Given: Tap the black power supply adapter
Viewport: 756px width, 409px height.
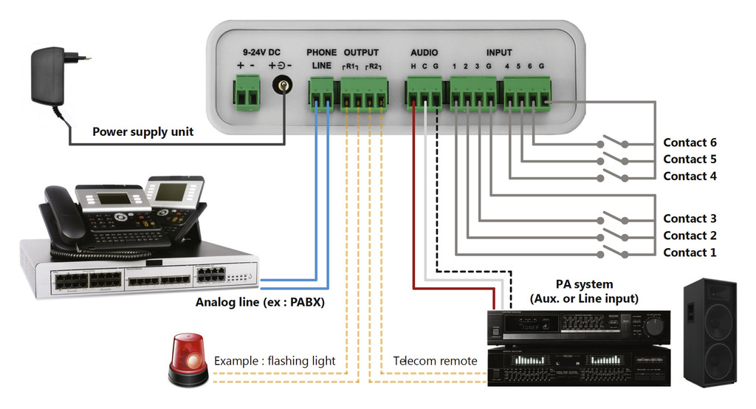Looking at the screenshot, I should click(x=48, y=75).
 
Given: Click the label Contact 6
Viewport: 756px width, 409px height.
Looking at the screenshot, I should click(x=690, y=143).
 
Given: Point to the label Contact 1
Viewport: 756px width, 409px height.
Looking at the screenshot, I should click(x=690, y=252).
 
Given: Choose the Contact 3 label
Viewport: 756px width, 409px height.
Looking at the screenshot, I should click(x=690, y=219).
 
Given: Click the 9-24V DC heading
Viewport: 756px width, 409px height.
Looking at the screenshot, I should click(x=261, y=52).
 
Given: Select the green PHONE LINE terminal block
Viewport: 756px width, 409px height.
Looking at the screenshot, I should click(x=321, y=94).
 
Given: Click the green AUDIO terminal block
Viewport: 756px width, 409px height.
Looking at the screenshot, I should click(x=424, y=94).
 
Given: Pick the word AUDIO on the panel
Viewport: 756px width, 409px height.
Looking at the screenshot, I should click(x=425, y=52).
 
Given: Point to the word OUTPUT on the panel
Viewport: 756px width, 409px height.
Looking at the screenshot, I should click(x=361, y=52).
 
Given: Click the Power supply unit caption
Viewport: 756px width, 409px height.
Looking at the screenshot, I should click(x=142, y=132).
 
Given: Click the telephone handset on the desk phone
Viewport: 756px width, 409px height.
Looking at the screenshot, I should click(x=62, y=214).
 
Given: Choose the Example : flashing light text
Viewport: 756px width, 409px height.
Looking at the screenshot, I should click(x=275, y=361).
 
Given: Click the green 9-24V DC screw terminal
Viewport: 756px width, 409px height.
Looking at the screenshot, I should click(x=247, y=94).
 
